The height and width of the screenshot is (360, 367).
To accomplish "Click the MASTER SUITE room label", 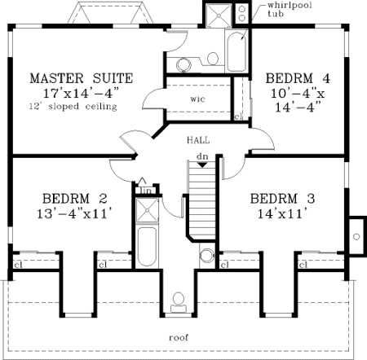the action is pos(82,78).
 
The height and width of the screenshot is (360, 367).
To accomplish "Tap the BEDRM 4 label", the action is pos(298,78).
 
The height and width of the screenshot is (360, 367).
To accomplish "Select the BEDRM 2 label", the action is pos(75,199).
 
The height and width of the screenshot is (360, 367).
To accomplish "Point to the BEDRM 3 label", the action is pos(282,199).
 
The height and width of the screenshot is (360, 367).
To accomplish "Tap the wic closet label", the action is pos(198,99).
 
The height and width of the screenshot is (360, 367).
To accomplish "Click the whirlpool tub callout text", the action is pos(289,10).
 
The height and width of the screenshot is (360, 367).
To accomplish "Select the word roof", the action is pos(179,338).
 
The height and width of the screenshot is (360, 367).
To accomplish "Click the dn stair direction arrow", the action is pos(202,165).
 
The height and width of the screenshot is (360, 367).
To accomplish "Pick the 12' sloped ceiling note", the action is pos(73,106).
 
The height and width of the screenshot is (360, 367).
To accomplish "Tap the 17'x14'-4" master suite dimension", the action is pos(82,93).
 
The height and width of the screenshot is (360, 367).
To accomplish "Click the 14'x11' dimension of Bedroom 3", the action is pos(282,213).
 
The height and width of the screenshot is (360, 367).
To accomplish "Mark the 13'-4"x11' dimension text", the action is pos(75,213).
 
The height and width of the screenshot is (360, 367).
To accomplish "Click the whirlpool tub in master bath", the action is pos(237,51).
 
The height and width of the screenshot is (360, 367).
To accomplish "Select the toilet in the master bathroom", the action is pos(213,58).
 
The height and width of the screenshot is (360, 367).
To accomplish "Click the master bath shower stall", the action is pos(219,15).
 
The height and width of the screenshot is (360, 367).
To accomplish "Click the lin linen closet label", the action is pos(147,191).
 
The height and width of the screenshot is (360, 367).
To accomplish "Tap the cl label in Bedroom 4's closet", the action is pos(238,116).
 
